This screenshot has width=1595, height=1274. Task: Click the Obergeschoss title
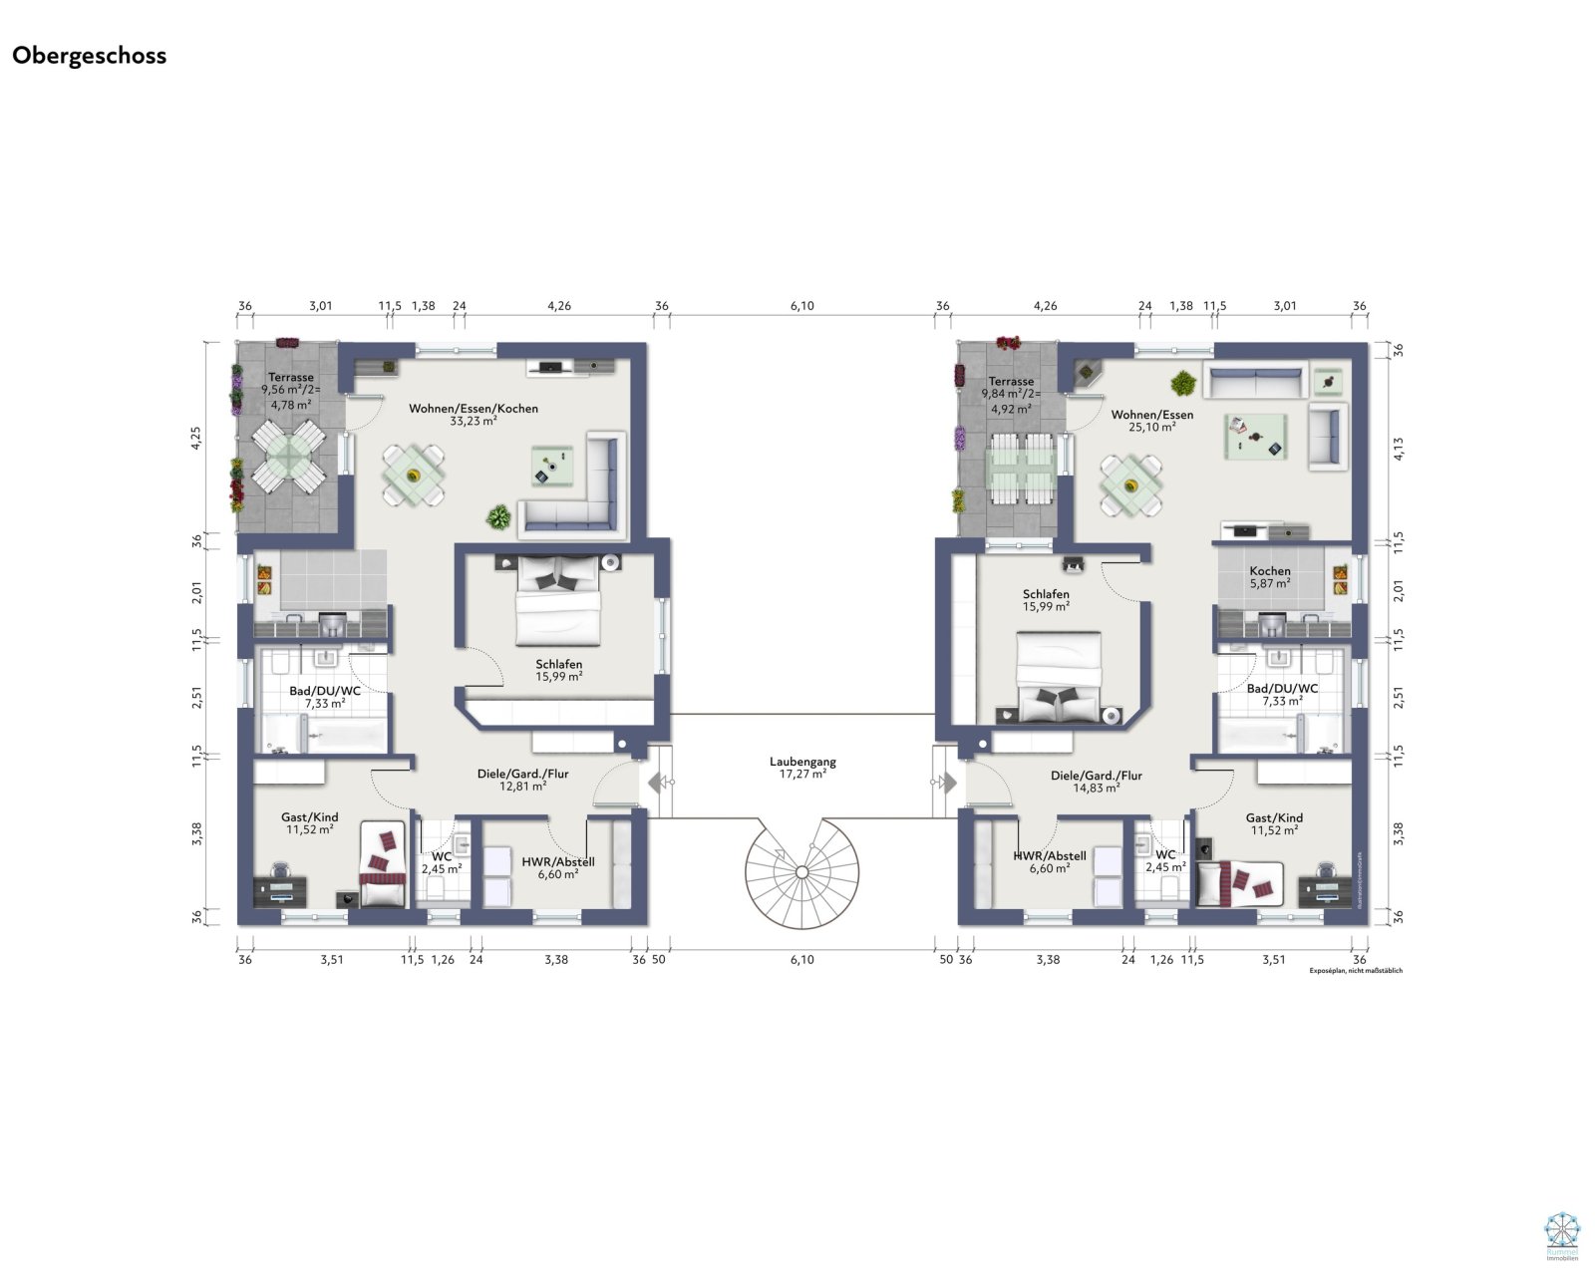click(x=89, y=56)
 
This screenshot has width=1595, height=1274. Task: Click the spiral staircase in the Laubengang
click(x=800, y=872)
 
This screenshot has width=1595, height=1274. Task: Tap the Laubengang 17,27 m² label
click(x=802, y=768)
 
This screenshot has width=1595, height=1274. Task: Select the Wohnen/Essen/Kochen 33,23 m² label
click(x=474, y=414)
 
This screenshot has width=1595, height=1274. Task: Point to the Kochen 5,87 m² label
click(x=1269, y=577)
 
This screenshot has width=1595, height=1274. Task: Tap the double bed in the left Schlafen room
click(x=558, y=603)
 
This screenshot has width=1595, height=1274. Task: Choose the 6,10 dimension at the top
click(x=801, y=306)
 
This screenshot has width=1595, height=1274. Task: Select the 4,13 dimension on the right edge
click(x=1399, y=449)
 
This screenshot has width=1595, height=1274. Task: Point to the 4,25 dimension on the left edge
click(x=196, y=439)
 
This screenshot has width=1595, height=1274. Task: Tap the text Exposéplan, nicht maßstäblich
click(x=1355, y=970)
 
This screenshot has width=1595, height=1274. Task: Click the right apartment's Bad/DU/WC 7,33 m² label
click(x=1282, y=695)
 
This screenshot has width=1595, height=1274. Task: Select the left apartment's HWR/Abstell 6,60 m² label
click(x=557, y=867)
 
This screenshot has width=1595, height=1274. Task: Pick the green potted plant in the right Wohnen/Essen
click(x=1183, y=382)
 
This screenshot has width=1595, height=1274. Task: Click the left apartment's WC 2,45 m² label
click(x=441, y=862)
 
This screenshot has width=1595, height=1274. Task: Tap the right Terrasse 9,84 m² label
click(x=1011, y=394)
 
